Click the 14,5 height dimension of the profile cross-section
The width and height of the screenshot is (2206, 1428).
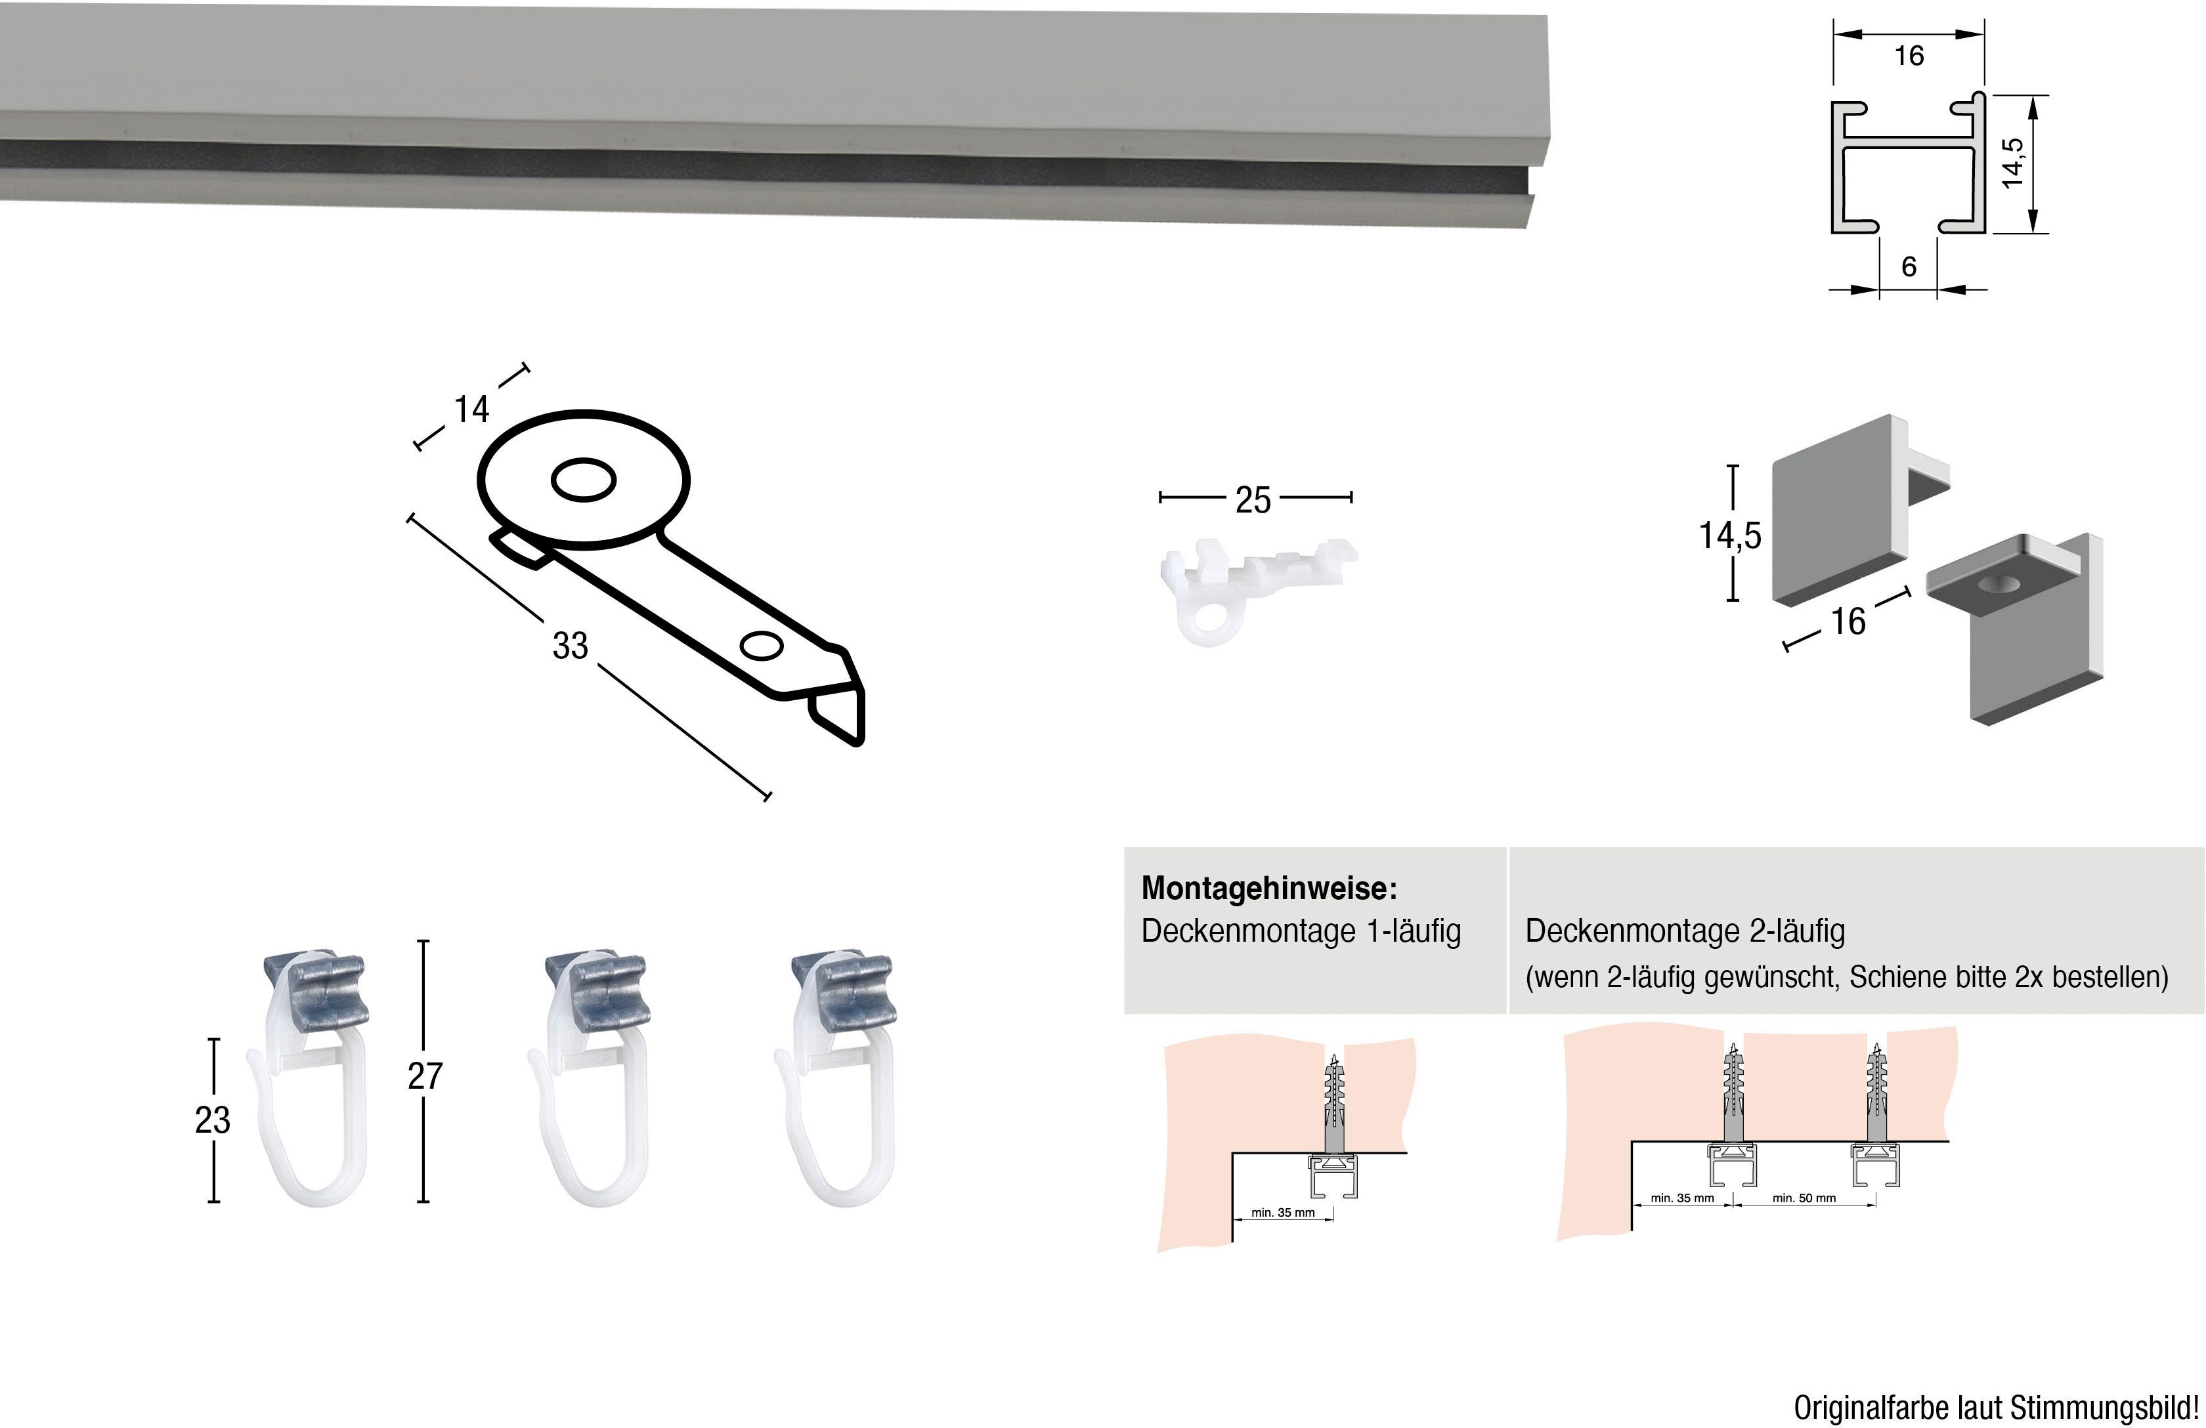[2012, 163]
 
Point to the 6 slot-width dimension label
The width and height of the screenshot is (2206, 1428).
[1909, 267]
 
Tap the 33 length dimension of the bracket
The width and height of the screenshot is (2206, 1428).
[570, 646]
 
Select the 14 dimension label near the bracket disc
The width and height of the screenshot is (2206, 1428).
[471, 409]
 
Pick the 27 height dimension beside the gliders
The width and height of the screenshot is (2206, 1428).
[425, 1076]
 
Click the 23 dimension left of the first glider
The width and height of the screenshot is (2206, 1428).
[212, 1120]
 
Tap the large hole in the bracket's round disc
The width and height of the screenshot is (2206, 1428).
[583, 480]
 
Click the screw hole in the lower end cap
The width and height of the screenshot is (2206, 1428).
[1997, 584]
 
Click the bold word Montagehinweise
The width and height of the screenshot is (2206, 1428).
[1268, 889]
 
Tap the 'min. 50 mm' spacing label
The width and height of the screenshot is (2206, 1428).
[1804, 1198]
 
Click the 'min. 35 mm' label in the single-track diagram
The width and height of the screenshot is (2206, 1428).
[1283, 1212]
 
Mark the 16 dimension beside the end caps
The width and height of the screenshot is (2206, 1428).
[1848, 621]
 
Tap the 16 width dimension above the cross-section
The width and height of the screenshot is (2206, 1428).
[1909, 56]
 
